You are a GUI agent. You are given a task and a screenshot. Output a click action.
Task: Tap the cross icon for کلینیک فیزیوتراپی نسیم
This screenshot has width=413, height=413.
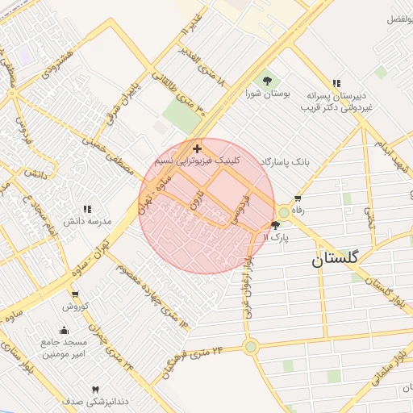pyautogui.click(x=198, y=149)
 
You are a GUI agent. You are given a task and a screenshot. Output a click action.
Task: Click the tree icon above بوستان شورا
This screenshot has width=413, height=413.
pyautogui.click(x=267, y=80)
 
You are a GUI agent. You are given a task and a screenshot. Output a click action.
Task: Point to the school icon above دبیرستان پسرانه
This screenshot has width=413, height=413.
pyautogui.click(x=336, y=82)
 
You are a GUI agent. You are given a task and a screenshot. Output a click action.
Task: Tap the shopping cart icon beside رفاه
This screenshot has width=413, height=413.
pyautogui.click(x=298, y=198)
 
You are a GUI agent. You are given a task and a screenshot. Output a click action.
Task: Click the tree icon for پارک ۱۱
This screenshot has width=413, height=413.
pyautogui.click(x=276, y=226)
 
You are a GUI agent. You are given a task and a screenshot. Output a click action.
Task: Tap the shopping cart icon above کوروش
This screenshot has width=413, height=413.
pyautogui.click(x=75, y=294)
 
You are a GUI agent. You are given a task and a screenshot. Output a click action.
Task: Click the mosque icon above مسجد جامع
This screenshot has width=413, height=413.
pyautogui.click(x=65, y=331)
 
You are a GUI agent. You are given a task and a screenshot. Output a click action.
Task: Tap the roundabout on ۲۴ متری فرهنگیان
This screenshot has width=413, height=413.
pyautogui.click(x=251, y=347)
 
